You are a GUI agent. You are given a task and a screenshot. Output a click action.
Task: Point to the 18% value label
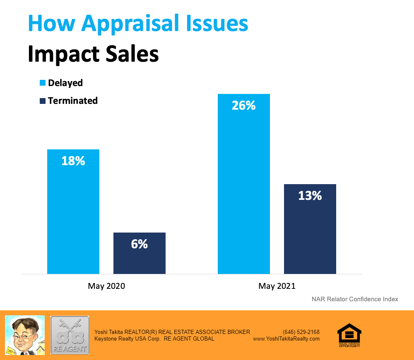73,161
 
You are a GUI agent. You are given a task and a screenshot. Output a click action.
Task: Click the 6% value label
140,244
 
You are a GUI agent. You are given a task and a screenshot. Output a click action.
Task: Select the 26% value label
244,106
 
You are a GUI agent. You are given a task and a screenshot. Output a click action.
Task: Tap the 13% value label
310,196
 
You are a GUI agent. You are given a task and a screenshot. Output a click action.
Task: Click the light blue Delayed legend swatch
42,83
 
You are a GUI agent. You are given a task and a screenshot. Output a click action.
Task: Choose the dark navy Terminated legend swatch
42,101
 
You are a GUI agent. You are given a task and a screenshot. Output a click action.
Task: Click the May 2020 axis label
106,286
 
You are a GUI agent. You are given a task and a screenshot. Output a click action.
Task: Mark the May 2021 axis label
277,286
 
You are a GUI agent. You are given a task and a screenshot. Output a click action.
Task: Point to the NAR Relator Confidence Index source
355,299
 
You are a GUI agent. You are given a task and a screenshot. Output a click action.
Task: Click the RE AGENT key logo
70,335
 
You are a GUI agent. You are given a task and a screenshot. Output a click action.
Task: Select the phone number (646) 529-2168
301,332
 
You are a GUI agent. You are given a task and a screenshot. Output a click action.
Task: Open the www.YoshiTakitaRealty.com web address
286,338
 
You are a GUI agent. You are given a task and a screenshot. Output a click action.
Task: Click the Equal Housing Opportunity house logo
349,334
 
